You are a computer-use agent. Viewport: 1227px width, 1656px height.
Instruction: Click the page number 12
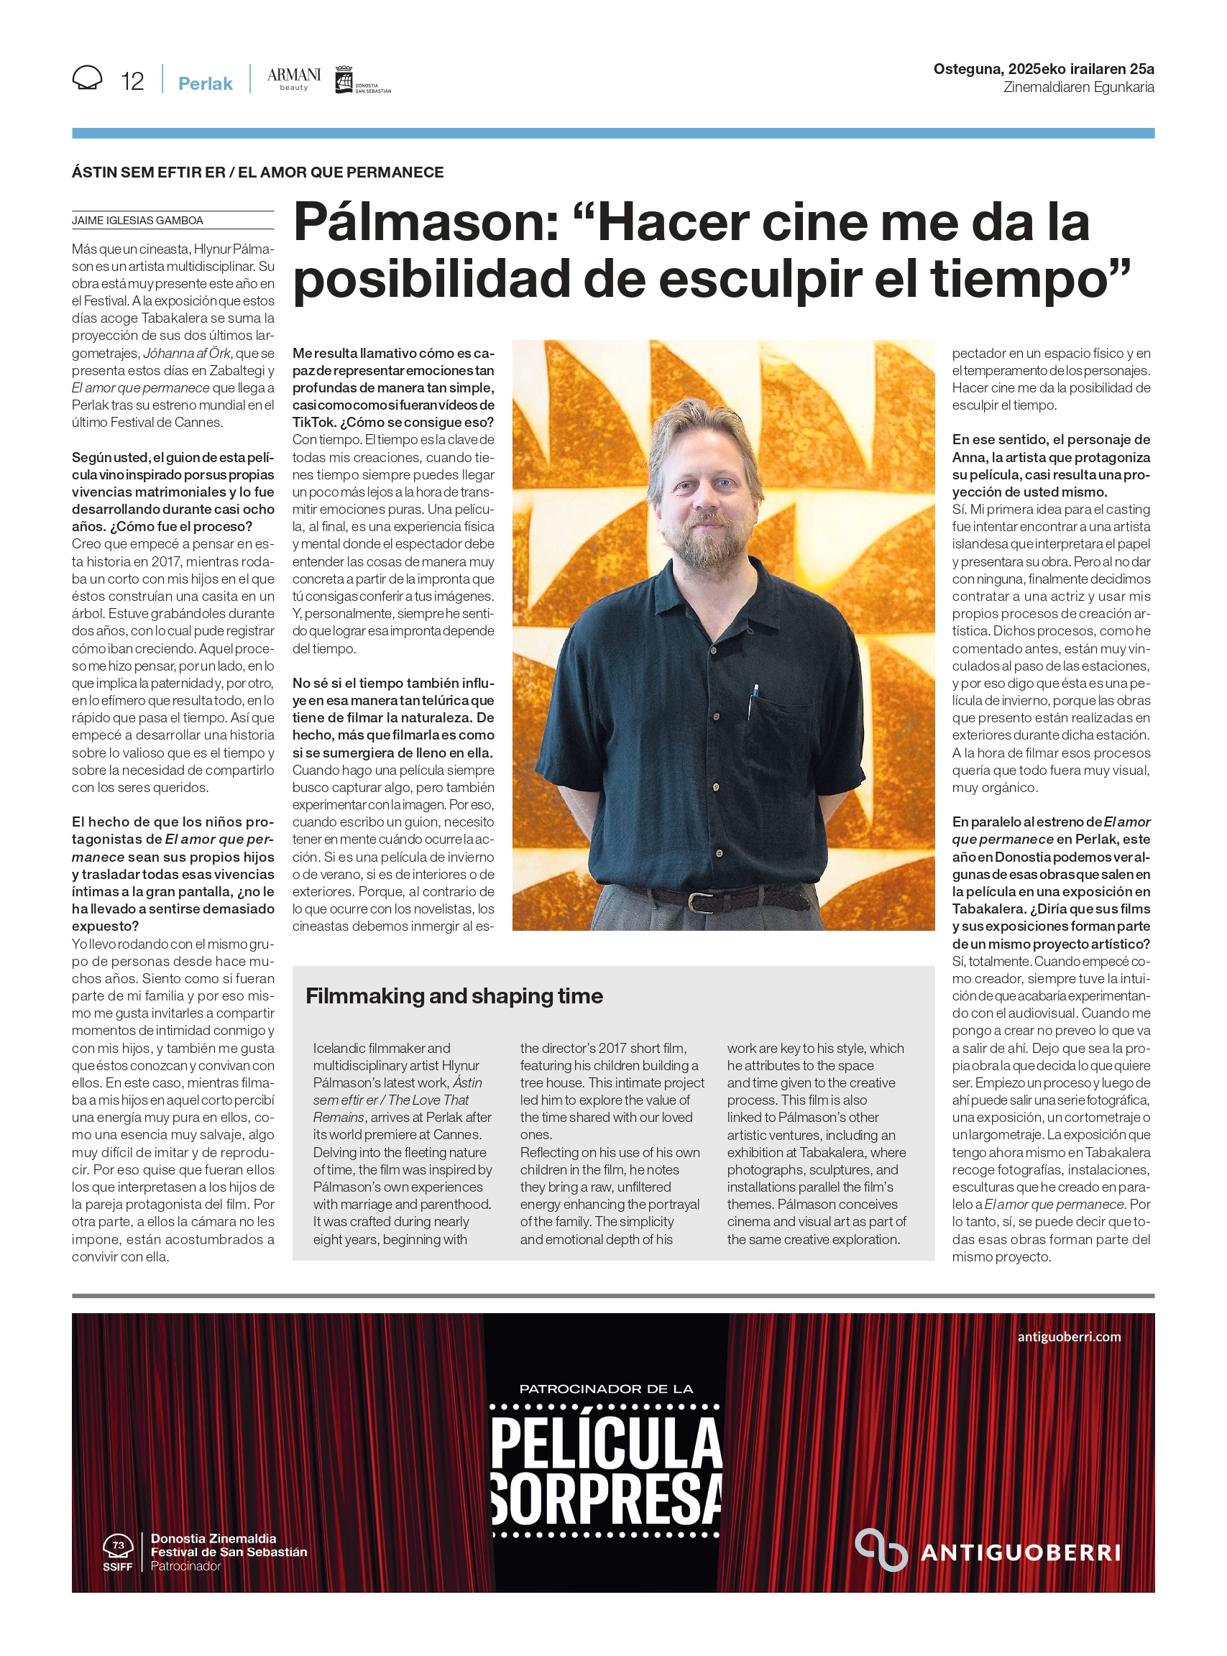pyautogui.click(x=132, y=81)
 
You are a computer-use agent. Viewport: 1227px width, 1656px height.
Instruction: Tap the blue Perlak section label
pyautogui.click(x=205, y=83)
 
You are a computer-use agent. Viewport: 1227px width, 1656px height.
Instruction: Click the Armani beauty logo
pyautogui.click(x=293, y=78)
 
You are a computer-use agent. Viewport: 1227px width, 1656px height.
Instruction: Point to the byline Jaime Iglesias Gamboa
pyautogui.click(x=137, y=221)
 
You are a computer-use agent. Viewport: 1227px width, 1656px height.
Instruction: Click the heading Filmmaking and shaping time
pyautogui.click(x=454, y=995)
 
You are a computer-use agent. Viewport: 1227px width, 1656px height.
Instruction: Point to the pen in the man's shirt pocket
pyautogui.click(x=754, y=699)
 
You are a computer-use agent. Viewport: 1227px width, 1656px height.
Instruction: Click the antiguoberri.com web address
pyautogui.click(x=1069, y=1337)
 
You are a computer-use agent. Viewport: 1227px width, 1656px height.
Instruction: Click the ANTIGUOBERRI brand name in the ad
pyautogui.click(x=1021, y=1552)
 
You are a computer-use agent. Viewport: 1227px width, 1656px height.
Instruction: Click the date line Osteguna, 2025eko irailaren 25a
pyautogui.click(x=1043, y=69)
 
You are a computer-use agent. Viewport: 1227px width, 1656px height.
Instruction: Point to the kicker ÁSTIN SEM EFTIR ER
pyautogui.click(x=149, y=172)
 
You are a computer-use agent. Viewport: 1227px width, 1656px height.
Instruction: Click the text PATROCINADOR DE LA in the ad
pyautogui.click(x=606, y=1389)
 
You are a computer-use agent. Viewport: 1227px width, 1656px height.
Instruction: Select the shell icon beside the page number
pyautogui.click(x=88, y=78)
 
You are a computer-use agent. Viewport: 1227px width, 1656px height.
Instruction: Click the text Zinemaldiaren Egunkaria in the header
pyautogui.click(x=1078, y=88)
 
